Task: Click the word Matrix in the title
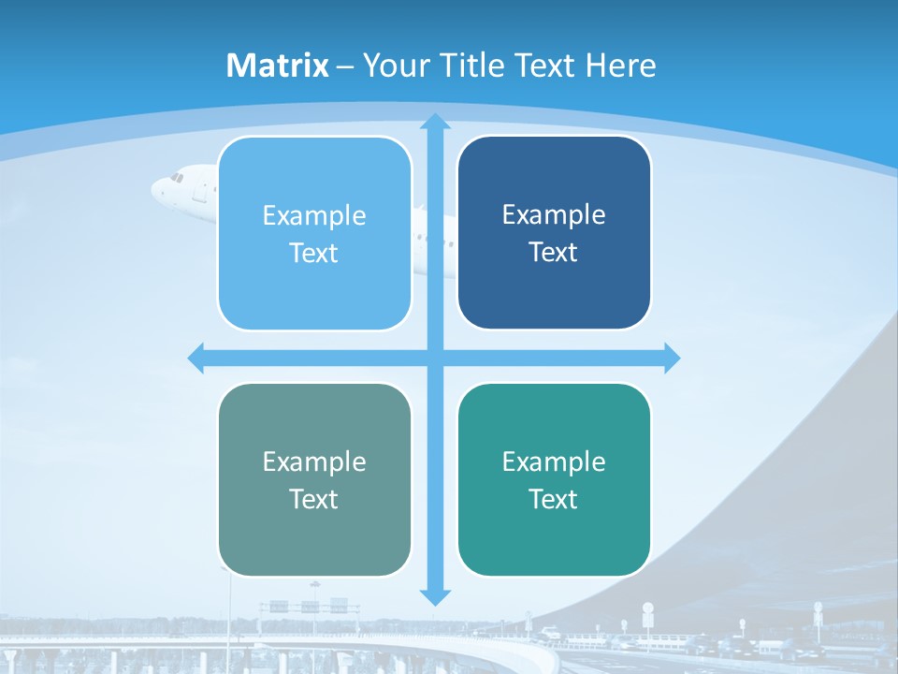[x=278, y=66]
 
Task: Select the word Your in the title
[x=395, y=66]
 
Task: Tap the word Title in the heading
[x=470, y=66]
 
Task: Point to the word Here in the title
[x=621, y=66]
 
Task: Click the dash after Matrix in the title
[x=345, y=66]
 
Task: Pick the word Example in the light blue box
[x=314, y=216]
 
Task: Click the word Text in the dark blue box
[x=554, y=253]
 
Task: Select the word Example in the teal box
[x=554, y=462]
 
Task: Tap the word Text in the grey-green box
[x=314, y=500]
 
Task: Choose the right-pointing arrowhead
[x=672, y=358]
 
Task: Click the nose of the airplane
[x=155, y=188]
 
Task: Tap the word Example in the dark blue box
[x=554, y=215]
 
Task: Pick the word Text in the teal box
[x=554, y=500]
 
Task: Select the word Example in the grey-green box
[x=314, y=462]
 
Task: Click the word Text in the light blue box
[x=314, y=254]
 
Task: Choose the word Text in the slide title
[x=544, y=66]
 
